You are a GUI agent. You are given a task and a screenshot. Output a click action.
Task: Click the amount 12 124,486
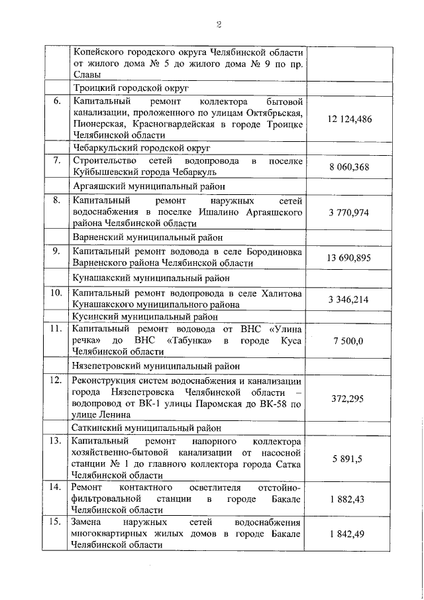349,119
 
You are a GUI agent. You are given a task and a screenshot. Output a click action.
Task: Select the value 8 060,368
349,167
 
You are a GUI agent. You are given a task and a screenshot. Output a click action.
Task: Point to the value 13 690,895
349,257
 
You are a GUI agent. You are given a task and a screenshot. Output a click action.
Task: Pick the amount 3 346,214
349,299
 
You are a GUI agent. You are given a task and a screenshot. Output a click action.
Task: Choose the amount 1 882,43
349,499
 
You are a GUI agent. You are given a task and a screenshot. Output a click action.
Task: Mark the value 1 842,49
349,534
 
